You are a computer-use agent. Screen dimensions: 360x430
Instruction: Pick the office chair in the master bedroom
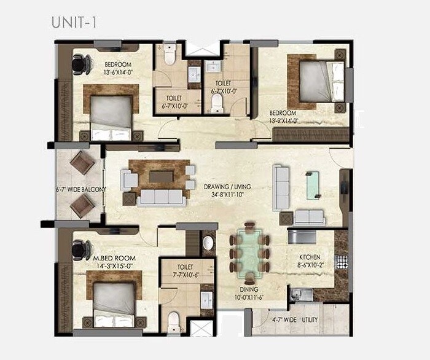(79, 249)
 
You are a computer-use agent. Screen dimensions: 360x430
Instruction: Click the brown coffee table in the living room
(160, 176)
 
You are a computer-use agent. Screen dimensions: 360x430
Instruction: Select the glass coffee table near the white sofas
(313, 183)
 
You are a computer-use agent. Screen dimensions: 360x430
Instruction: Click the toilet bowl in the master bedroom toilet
(174, 319)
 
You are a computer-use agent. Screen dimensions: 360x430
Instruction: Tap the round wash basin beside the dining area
(208, 244)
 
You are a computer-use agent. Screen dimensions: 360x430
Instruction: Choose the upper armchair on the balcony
(82, 164)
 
